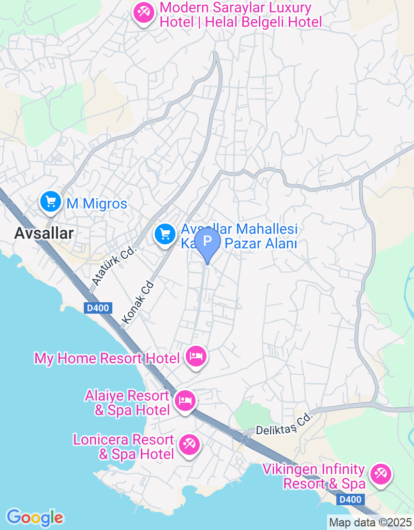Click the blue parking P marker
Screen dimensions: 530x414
pyautogui.click(x=208, y=241)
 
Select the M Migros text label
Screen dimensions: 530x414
pyautogui.click(x=97, y=204)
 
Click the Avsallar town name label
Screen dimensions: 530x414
pyautogui.click(x=44, y=233)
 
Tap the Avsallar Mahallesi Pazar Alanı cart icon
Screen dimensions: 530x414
pyautogui.click(x=165, y=234)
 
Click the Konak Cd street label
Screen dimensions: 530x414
pyautogui.click(x=138, y=303)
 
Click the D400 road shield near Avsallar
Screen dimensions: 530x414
pyautogui.click(x=97, y=308)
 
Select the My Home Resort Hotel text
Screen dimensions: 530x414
pyautogui.click(x=107, y=358)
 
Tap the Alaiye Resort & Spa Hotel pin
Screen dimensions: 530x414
pyautogui.click(x=185, y=401)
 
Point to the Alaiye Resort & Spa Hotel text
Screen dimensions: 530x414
pyautogui.click(x=127, y=403)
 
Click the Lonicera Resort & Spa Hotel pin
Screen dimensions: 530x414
pyautogui.click(x=188, y=445)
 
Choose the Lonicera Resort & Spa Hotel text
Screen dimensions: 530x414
pyautogui.click(x=124, y=447)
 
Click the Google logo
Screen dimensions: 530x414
pyautogui.click(x=35, y=517)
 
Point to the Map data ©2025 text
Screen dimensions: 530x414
pyautogui.click(x=370, y=522)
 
